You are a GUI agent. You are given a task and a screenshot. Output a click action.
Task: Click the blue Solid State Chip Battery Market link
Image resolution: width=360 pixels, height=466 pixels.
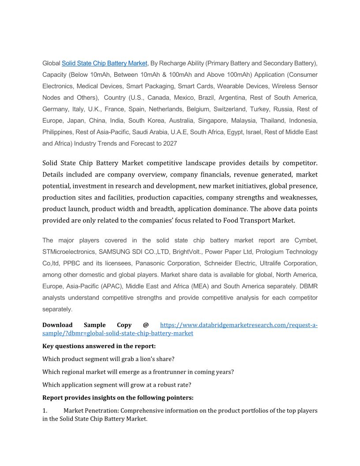(105, 63)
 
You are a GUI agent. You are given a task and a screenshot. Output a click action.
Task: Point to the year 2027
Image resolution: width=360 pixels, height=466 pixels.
(170, 143)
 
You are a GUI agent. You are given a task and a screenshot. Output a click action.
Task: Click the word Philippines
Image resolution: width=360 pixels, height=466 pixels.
(57, 132)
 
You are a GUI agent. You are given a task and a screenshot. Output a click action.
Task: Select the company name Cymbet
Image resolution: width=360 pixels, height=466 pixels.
(306, 241)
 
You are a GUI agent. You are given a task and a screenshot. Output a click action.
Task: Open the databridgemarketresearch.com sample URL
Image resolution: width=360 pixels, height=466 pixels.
(238, 325)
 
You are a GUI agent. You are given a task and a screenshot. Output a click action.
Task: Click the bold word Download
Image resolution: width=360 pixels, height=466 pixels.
(57, 325)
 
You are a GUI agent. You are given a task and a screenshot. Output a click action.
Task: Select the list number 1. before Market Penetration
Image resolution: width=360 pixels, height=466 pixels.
(45, 410)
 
